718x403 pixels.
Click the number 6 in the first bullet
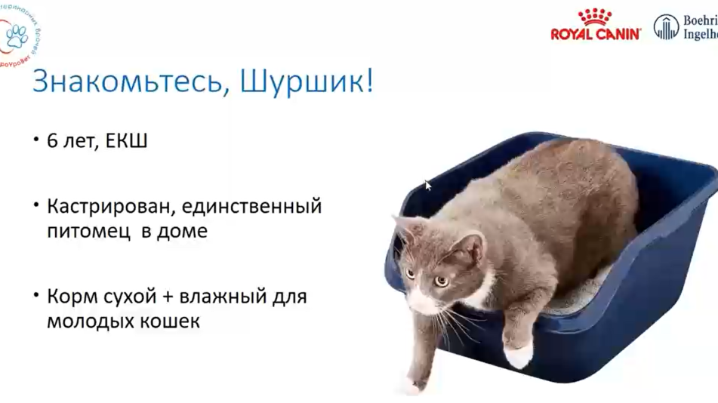click(x=52, y=141)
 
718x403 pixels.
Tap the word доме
click(x=181, y=232)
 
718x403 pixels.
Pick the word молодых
click(x=90, y=321)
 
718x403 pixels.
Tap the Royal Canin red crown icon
click(x=595, y=17)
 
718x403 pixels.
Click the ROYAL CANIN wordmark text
click(x=595, y=33)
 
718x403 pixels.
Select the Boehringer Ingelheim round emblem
click(x=666, y=27)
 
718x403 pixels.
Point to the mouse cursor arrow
click(x=428, y=184)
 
